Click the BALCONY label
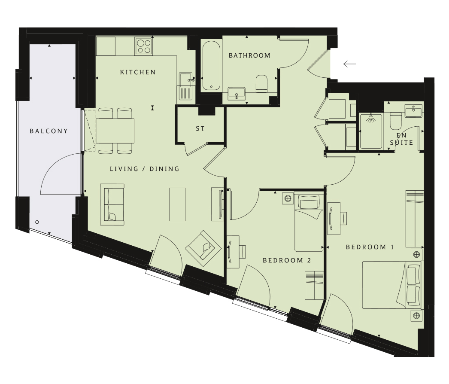tap(49, 131)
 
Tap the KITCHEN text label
tap(138, 72)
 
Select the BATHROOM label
tap(249, 55)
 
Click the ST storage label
tap(200, 129)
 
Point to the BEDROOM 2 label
tap(287, 260)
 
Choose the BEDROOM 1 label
tap(370, 247)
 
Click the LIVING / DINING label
tap(145, 169)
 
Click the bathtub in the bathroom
tap(211, 66)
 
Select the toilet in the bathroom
tap(261, 84)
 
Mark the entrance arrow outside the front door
tap(350, 64)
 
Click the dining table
tap(115, 131)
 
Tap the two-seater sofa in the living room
tap(112, 204)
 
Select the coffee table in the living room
tap(177, 204)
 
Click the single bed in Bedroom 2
tap(309, 223)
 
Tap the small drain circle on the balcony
tap(37, 222)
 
